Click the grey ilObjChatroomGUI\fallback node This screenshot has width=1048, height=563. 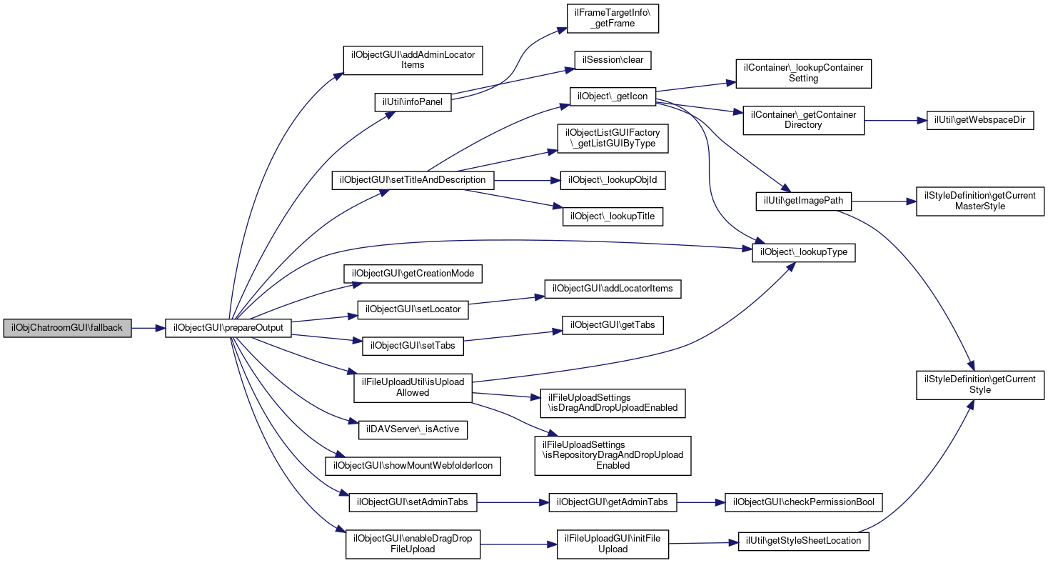tap(67, 329)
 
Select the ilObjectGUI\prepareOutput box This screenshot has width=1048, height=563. tap(228, 329)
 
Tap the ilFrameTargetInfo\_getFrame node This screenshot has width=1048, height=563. tap(613, 19)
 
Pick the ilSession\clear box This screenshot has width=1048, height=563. tap(613, 61)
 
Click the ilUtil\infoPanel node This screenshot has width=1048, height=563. tap(413, 103)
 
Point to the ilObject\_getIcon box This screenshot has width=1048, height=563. tap(613, 97)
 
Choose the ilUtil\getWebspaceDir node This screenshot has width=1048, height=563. tap(980, 121)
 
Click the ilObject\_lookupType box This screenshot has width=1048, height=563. tap(804, 253)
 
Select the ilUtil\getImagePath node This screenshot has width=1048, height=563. tap(803, 201)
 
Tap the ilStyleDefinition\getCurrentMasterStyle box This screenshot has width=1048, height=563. tap(980, 201)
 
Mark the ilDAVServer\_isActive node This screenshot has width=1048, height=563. tap(413, 430)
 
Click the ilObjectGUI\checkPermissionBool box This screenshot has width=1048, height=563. tap(804, 502)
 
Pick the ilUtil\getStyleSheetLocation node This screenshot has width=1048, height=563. tap(803, 542)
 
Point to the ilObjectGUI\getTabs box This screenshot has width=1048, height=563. tap(613, 326)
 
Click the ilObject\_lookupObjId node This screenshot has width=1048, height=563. tap(613, 180)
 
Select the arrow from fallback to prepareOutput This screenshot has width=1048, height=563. tap(148, 329)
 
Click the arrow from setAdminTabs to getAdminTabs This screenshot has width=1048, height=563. tap(513, 502)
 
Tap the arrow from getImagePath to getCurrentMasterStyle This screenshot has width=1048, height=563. tap(884, 201)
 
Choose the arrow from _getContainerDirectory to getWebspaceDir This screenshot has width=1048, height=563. tap(895, 121)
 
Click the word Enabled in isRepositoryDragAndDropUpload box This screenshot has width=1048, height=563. tap(613, 466)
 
